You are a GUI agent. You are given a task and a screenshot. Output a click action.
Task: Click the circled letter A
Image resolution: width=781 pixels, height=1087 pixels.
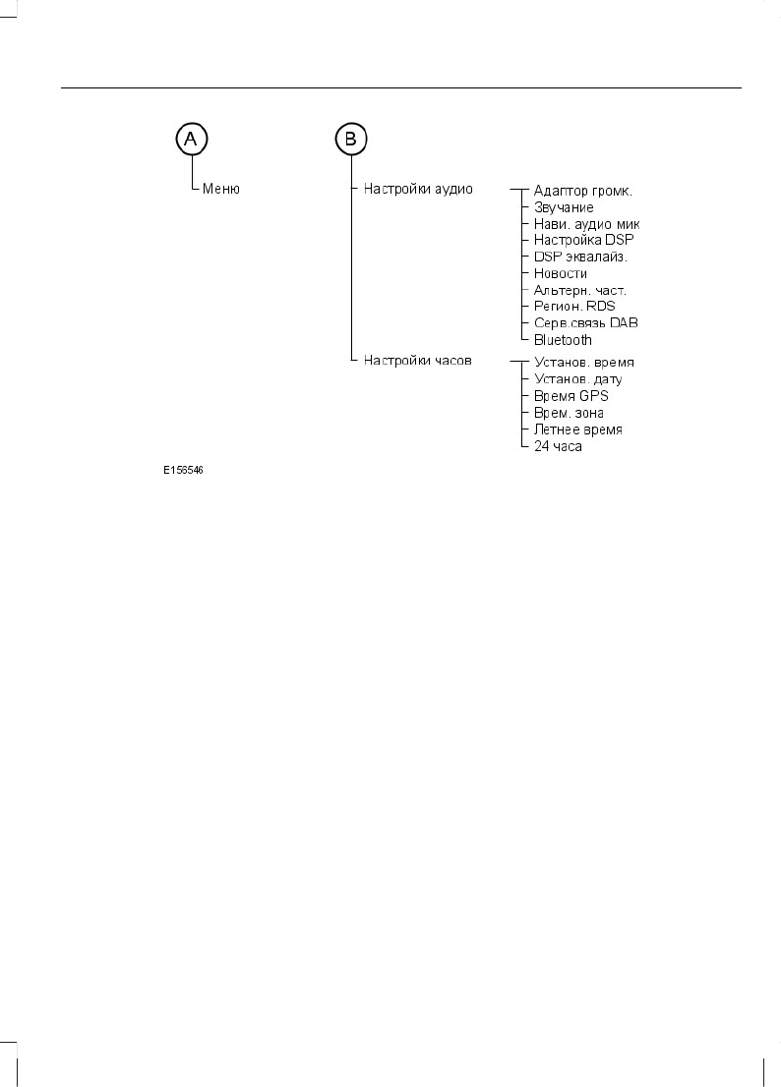191,141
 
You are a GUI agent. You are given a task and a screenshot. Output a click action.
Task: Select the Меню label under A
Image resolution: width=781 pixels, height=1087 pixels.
221,190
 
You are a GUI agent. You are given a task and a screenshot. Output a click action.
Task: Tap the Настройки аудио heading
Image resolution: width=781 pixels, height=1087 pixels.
418,189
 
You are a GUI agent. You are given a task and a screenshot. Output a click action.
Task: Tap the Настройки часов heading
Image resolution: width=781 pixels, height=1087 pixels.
418,361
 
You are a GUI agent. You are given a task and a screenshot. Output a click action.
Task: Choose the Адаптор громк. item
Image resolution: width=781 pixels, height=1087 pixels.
589,191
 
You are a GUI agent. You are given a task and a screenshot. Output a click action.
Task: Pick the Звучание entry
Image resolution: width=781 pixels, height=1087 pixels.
564,208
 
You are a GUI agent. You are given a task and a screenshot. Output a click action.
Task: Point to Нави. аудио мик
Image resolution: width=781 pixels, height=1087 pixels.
586,224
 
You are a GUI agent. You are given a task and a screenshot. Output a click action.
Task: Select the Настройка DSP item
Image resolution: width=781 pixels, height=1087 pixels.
584,241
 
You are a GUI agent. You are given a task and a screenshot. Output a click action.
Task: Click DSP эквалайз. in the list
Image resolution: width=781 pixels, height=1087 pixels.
580,257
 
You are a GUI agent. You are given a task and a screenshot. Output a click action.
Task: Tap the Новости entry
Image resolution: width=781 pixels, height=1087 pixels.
561,273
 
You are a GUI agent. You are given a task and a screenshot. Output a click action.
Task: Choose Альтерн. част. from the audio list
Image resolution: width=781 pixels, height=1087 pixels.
580,290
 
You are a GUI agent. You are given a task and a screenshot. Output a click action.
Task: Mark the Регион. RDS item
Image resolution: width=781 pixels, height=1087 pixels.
574,307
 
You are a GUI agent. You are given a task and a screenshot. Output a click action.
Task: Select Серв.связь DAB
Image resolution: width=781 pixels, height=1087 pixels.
586,323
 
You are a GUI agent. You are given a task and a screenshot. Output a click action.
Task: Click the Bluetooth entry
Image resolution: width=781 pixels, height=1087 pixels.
563,340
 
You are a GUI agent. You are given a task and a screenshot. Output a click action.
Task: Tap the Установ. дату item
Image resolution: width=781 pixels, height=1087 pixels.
578,379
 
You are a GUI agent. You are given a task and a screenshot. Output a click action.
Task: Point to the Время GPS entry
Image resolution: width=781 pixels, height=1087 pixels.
571,396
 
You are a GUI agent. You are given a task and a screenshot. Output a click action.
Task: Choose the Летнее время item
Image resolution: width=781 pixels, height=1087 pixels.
578,429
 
